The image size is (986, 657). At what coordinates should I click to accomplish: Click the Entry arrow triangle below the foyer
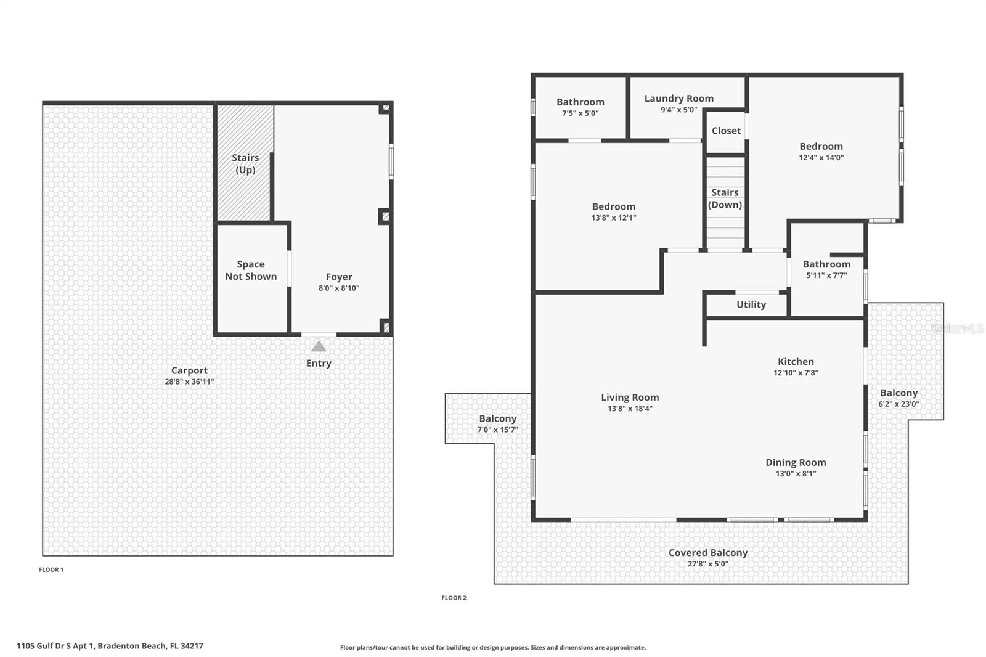[x=319, y=346]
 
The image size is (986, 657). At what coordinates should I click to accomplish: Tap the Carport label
[x=189, y=370]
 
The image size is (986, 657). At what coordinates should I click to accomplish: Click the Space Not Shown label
[x=251, y=271]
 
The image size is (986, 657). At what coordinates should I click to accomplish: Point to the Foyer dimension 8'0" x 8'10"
[x=339, y=288]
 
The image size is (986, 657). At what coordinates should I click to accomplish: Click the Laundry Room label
[x=678, y=99]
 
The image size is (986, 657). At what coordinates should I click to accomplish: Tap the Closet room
[x=726, y=131]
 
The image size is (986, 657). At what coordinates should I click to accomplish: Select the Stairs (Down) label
[x=725, y=198]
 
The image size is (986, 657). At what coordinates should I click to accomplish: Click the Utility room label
[x=751, y=304]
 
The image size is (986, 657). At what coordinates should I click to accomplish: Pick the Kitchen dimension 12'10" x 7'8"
[x=796, y=373]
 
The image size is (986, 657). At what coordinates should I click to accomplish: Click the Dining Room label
[x=796, y=462]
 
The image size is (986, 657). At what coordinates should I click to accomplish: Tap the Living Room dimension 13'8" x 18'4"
[x=630, y=409]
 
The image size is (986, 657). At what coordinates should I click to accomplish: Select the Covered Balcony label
[x=707, y=553]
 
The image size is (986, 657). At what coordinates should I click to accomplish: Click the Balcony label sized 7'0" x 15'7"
[x=497, y=419]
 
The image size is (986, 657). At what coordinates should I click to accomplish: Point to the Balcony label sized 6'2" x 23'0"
[x=898, y=393]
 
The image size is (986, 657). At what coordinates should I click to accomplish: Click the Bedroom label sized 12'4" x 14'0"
[x=821, y=147]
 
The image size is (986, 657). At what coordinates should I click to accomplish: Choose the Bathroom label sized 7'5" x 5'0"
[x=580, y=102]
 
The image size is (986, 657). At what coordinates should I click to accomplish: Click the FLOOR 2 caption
[x=454, y=598]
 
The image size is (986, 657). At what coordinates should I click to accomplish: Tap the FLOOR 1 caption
[x=51, y=569]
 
